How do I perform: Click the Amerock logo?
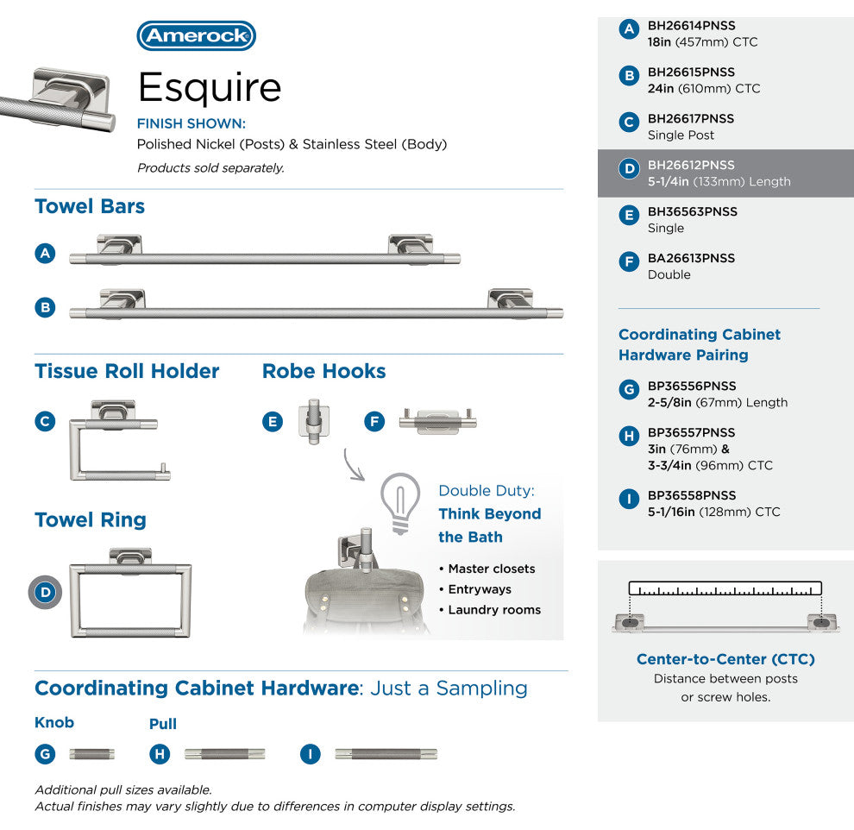[x=196, y=35]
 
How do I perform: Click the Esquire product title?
[x=210, y=87]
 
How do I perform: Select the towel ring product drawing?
[x=130, y=593]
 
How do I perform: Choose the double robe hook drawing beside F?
[x=437, y=421]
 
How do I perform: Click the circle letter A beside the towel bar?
[x=46, y=254]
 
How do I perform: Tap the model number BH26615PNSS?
[x=691, y=72]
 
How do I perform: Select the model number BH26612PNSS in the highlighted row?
[x=691, y=166]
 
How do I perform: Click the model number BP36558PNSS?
[x=692, y=496]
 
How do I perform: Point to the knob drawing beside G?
[x=91, y=754]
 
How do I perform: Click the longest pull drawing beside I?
[x=386, y=754]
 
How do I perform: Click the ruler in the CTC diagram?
[x=725, y=589]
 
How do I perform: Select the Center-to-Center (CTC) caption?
[x=725, y=659]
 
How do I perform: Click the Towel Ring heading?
[x=91, y=520]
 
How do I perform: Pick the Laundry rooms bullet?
[x=489, y=610]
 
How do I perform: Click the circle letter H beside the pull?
[x=160, y=754]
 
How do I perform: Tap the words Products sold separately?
[x=210, y=168]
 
